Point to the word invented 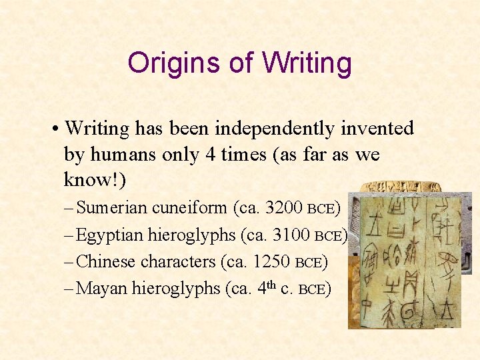377,128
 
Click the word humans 125,154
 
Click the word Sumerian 112,208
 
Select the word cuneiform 189,208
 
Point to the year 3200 284,208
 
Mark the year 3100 291,235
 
